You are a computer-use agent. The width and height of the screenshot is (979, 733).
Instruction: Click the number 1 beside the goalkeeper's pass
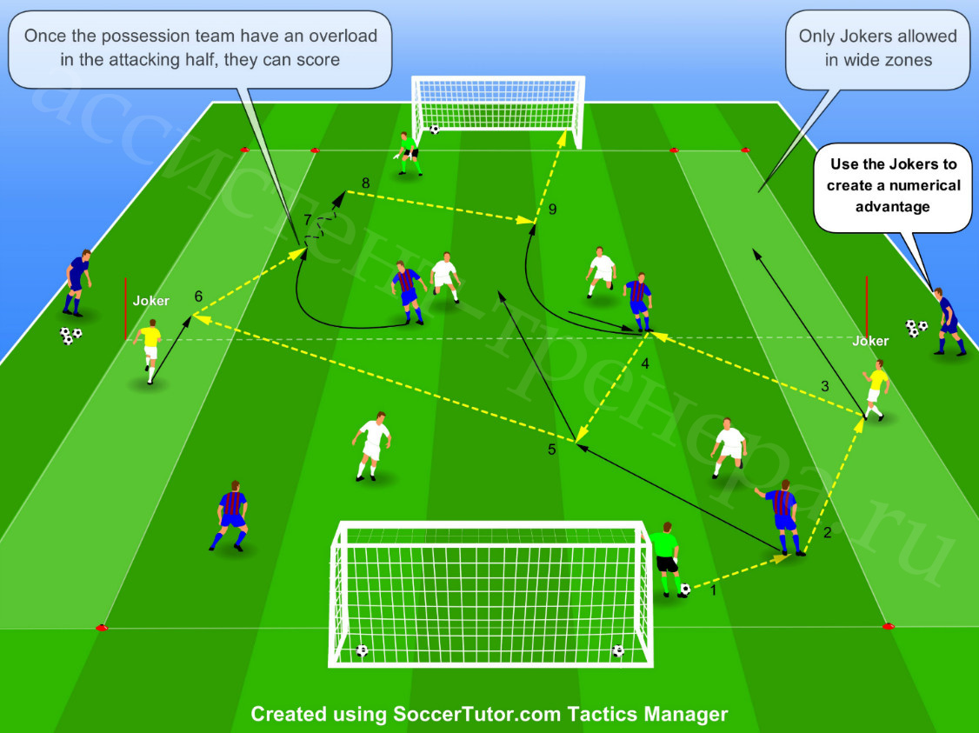[x=714, y=590]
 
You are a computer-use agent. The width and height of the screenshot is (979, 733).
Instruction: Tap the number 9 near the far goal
[x=553, y=210]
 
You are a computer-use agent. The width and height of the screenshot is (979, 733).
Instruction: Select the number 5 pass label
[x=551, y=450]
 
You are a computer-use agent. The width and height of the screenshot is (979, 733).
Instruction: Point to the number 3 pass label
[x=825, y=386]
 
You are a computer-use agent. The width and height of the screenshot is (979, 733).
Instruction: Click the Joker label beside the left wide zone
[x=151, y=301]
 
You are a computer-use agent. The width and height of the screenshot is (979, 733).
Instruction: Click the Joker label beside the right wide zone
[x=870, y=341]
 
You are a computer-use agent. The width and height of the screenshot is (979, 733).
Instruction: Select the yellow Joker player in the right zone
[x=876, y=390]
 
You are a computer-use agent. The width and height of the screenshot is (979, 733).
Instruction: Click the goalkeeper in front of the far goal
[x=408, y=154]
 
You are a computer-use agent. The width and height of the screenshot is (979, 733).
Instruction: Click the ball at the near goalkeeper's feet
[x=685, y=589]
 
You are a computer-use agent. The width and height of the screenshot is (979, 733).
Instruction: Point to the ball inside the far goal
[x=434, y=130]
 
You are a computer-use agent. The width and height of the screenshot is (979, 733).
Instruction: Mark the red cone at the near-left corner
[x=102, y=628]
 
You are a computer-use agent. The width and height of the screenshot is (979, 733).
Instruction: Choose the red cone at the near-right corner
[x=888, y=625]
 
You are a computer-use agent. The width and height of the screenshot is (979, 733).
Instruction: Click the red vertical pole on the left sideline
[x=125, y=309]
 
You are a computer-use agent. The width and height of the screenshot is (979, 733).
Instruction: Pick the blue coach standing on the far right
[x=948, y=322]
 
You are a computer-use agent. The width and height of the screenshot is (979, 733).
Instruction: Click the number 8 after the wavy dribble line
[x=365, y=183]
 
